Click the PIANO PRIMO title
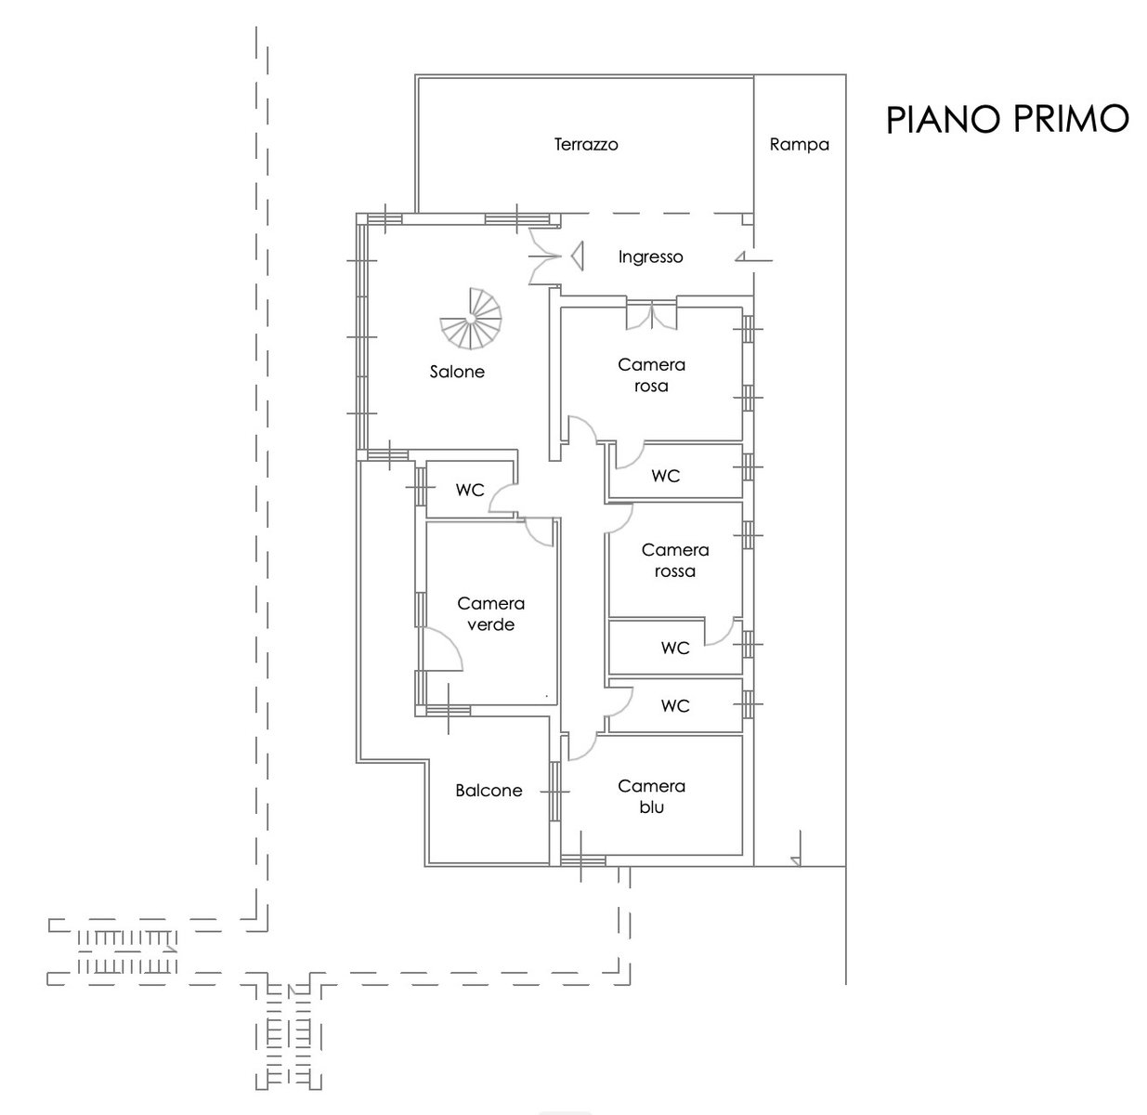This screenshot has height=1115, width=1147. pos(1007,119)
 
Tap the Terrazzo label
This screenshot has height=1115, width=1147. pos(586,144)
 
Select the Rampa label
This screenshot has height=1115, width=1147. pos(799,145)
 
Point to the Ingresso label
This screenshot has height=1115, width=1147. pos(650,257)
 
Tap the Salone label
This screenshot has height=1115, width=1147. pos(457,372)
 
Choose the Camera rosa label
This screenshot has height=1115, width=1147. pos(651,375)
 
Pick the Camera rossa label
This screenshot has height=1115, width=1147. pos(675,560)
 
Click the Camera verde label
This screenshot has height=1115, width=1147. pos(490,614)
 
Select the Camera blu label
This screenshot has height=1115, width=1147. pos(651,796)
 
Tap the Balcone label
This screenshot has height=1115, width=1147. pos(489,790)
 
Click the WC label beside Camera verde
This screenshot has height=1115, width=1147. pos(470,490)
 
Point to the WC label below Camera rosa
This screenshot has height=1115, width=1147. pos(666,476)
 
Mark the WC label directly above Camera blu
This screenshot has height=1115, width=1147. pos(675,706)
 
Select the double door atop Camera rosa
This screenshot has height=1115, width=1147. pos(651,314)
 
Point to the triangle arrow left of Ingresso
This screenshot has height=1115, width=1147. pos(577,256)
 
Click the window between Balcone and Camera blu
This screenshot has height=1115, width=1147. pos(554,792)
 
